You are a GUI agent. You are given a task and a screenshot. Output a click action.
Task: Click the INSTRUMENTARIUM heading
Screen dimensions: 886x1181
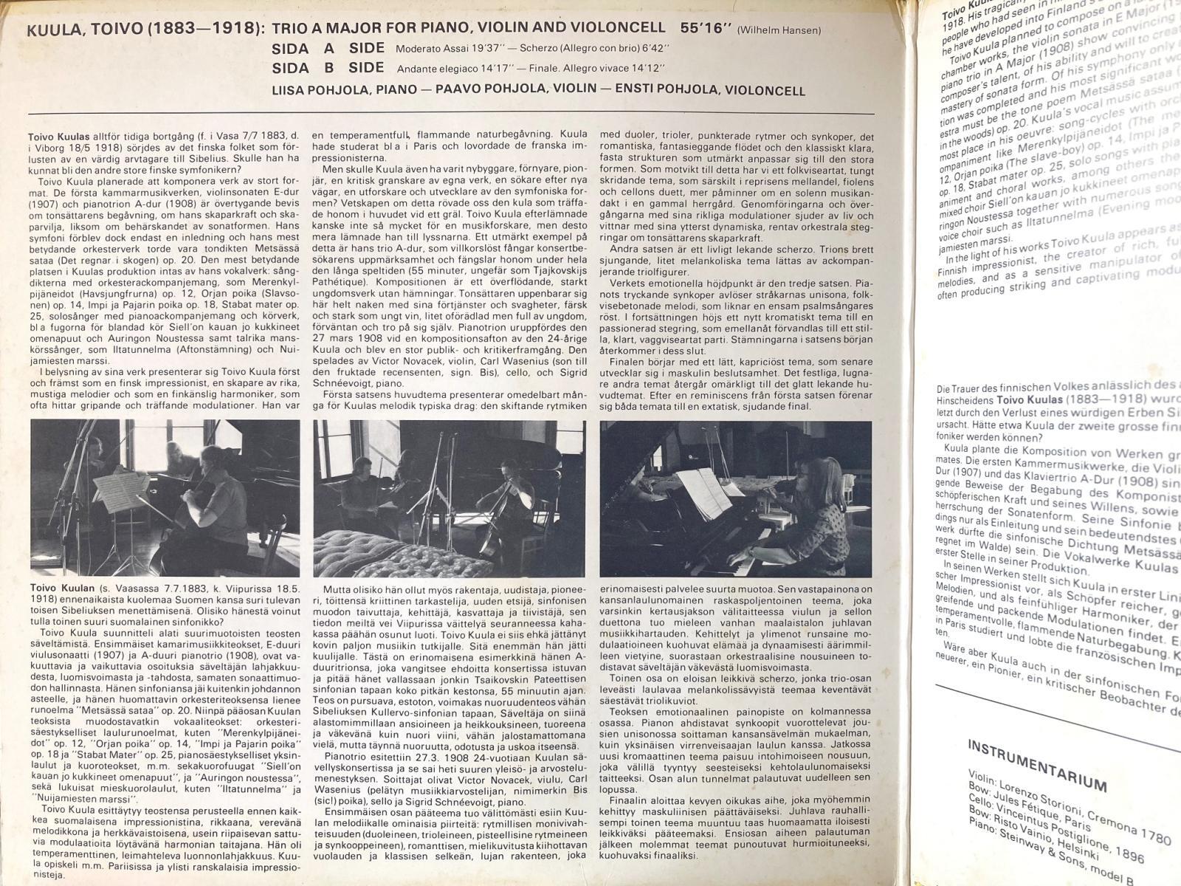pos(1036,763)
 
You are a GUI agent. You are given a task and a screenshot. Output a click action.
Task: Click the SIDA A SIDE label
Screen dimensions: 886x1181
pos(328,49)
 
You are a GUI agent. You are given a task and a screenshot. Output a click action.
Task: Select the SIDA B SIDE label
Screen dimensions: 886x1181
pos(328,69)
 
